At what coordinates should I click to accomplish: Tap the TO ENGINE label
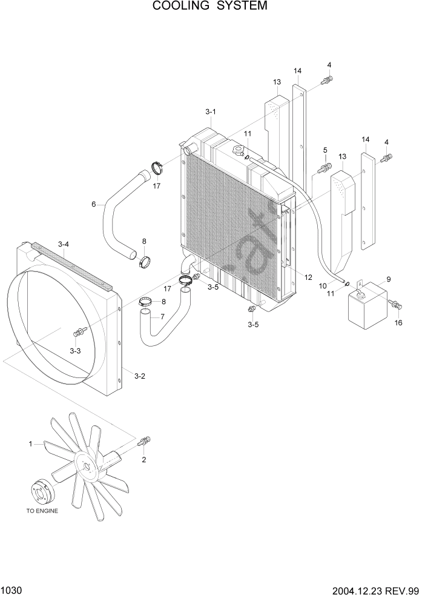pyautogui.click(x=42, y=511)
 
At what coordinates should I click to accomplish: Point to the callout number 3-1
pyautogui.click(x=211, y=111)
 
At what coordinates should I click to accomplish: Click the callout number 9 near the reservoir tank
pyautogui.click(x=388, y=279)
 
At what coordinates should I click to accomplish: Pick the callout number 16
pyautogui.click(x=398, y=323)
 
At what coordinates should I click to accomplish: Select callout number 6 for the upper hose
pyautogui.click(x=93, y=204)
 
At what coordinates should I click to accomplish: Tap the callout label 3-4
pyautogui.click(x=64, y=244)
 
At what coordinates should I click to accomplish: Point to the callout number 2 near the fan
pyautogui.click(x=143, y=460)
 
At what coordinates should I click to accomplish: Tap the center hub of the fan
pyautogui.click(x=86, y=467)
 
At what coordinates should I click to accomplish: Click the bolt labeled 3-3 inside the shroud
pyautogui.click(x=79, y=331)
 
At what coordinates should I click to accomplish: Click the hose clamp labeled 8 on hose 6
pyautogui.click(x=144, y=261)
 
